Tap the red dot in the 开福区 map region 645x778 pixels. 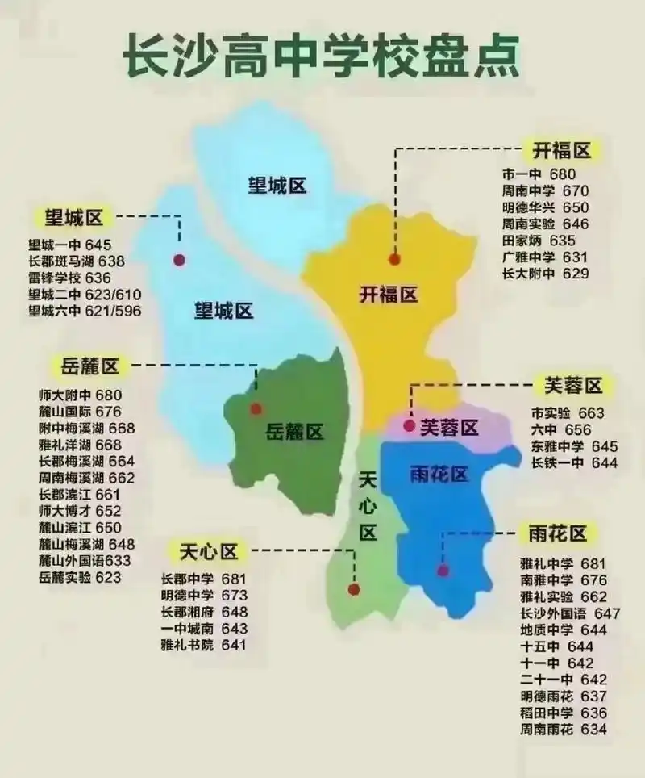click(394, 259)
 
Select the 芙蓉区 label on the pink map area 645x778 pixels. click(450, 426)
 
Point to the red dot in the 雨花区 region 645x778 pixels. click(443, 571)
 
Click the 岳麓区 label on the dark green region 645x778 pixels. click(294, 432)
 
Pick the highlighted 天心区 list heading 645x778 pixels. click(208, 552)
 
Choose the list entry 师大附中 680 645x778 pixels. click(79, 395)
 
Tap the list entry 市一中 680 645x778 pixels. click(539, 174)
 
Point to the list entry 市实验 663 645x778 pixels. click(568, 412)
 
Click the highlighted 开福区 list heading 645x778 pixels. click(561, 150)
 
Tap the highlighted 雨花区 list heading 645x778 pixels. click(558, 533)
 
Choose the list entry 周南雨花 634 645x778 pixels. click(564, 730)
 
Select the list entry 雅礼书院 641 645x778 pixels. click(203, 645)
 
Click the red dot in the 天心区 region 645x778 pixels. click(354, 589)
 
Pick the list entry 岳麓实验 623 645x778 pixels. click(79, 577)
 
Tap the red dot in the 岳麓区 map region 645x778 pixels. click(256, 408)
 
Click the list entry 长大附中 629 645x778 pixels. click(545, 274)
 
